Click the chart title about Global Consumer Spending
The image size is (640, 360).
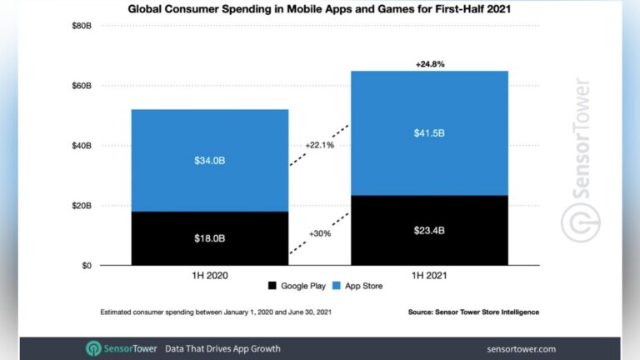[320, 10]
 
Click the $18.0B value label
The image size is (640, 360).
[209, 238]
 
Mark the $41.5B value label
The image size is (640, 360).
[429, 133]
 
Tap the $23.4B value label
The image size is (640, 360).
[429, 231]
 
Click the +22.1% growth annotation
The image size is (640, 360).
[321, 144]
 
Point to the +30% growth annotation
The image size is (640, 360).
[320, 234]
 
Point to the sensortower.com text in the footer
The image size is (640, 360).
[521, 348]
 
